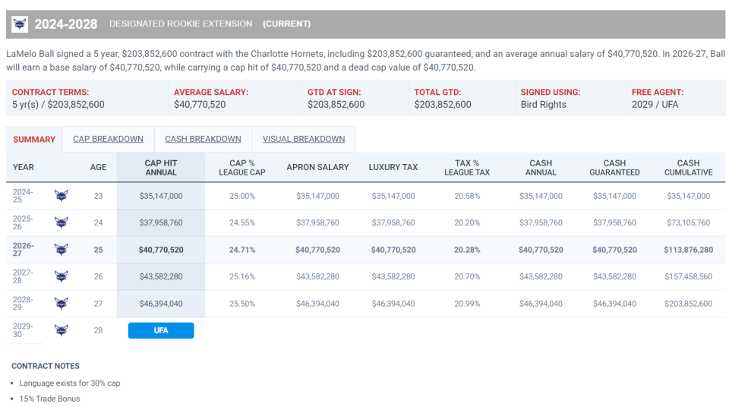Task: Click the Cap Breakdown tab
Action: tap(108, 139)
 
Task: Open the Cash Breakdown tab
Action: tap(203, 139)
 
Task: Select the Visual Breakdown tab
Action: tap(304, 139)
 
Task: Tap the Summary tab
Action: tap(34, 140)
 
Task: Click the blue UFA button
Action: tap(161, 330)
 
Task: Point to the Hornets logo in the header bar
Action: tap(20, 24)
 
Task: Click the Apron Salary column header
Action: tap(317, 167)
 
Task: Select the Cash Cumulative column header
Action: tap(688, 168)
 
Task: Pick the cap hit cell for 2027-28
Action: tap(161, 276)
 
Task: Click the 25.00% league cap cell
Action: tap(241, 196)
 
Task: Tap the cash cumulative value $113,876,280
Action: tap(688, 250)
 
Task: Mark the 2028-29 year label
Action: tap(22, 303)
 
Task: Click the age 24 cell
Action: tap(98, 222)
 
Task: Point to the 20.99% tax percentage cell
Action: tap(467, 303)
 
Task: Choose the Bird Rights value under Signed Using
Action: tap(543, 105)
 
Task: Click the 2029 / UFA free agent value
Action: tap(655, 105)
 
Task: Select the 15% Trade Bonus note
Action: tap(49, 399)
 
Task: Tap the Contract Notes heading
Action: tap(45, 366)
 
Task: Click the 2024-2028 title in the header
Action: tap(65, 24)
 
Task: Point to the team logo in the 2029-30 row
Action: tap(61, 330)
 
